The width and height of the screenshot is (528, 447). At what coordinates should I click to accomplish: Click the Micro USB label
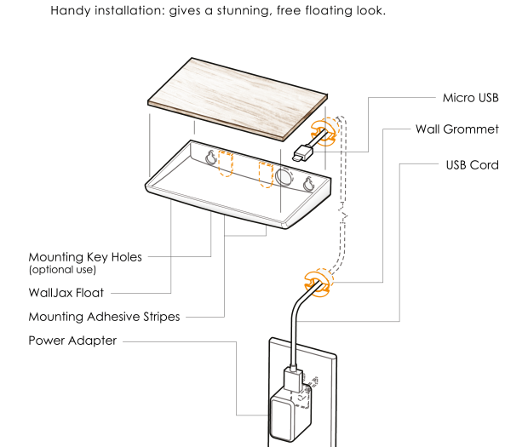point(470,98)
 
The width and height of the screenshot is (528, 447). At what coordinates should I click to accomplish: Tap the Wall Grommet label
point(456,129)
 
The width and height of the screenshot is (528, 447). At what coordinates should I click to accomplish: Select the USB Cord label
point(472,164)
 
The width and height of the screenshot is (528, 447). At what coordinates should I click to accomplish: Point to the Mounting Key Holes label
point(85,256)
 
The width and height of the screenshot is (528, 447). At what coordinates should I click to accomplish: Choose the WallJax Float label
point(66,293)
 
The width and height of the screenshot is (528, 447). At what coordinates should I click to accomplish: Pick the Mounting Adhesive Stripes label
point(104,317)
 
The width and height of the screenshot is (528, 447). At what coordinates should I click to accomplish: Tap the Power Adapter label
point(72,341)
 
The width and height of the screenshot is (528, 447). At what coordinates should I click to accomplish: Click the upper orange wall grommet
point(324,130)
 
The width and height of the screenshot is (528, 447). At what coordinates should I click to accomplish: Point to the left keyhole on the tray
point(211,158)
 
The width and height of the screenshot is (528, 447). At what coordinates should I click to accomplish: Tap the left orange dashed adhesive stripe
point(226,163)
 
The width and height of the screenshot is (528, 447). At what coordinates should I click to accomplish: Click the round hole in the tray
point(284,176)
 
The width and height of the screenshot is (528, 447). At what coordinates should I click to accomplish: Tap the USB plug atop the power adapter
point(290,378)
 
